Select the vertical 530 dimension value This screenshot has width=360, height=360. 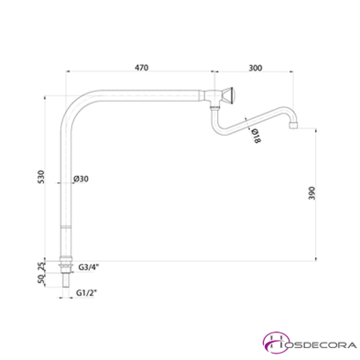point(41,176)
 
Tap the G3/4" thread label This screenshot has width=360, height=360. point(89,267)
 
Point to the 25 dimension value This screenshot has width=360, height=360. point(40,266)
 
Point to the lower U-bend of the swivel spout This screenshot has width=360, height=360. point(219,125)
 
